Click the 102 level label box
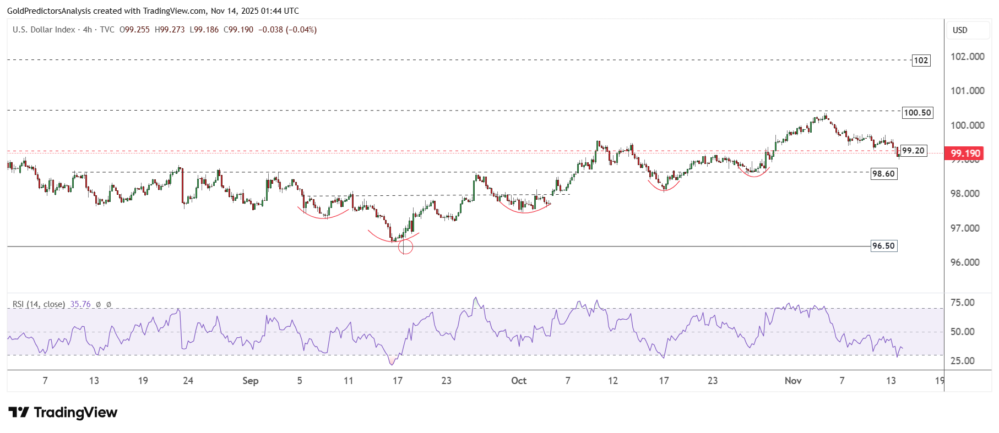pos(921,61)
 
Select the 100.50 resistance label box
pos(917,113)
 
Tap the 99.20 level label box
pos(913,151)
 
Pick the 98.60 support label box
pos(883,174)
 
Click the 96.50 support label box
pos(883,246)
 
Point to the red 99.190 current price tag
pos(965,154)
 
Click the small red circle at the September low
pos(405,247)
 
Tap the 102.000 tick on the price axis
pos(967,57)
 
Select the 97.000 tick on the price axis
pos(967,228)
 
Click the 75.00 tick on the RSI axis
pos(962,303)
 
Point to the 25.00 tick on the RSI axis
pos(962,361)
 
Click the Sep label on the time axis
pos(250,381)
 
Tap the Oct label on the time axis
pos(519,381)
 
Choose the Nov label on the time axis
pos(793,381)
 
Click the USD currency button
pos(960,30)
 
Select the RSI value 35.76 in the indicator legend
pos(80,304)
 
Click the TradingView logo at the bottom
pos(63,413)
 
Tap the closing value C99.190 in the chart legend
pos(238,30)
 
